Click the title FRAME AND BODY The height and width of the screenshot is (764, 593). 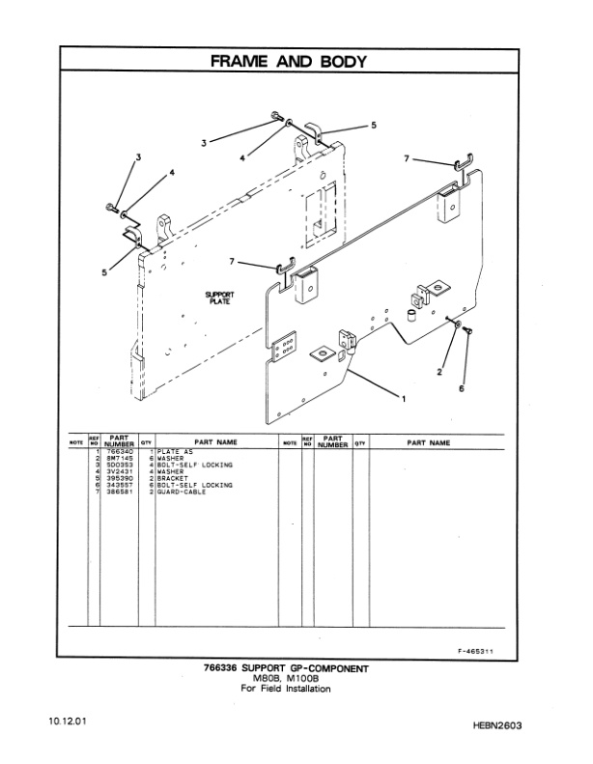(x=296, y=61)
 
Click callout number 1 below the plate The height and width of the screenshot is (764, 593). (x=403, y=397)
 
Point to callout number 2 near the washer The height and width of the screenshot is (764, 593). (x=440, y=370)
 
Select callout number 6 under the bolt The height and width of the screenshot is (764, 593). (x=462, y=388)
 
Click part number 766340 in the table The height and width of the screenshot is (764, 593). (x=119, y=452)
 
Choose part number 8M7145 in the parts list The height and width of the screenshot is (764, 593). (x=119, y=459)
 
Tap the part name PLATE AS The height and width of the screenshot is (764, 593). (x=176, y=452)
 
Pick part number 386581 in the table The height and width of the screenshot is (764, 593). (x=119, y=492)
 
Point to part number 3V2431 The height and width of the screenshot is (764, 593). (x=119, y=471)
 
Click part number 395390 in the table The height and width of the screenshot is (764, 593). (x=119, y=478)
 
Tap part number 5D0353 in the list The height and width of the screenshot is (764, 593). (x=119, y=466)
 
